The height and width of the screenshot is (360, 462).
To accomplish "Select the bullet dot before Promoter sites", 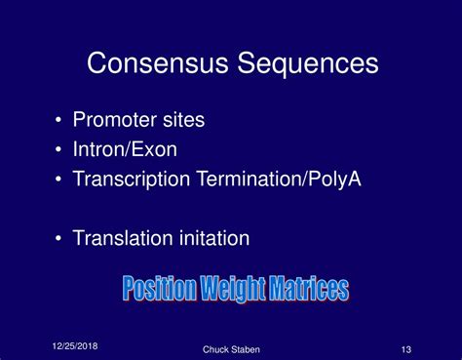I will click(60, 122).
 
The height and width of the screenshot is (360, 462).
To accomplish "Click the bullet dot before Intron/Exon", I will click(60, 151).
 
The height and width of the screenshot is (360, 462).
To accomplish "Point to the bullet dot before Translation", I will click(60, 239).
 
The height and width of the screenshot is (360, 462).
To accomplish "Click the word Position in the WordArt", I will click(160, 289).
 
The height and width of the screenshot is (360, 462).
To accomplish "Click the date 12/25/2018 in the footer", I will click(74, 346).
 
